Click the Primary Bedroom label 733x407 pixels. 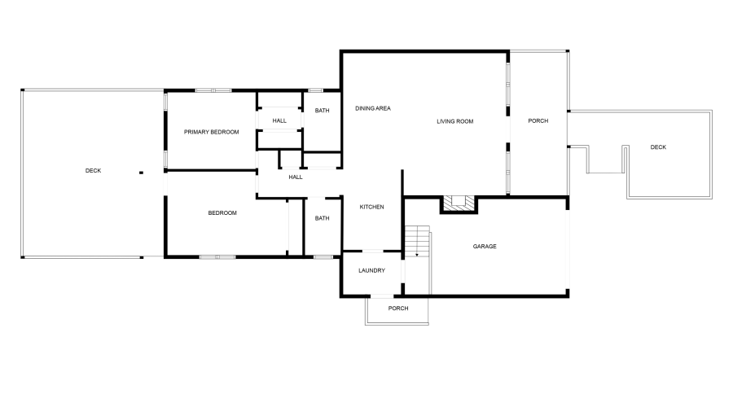point(211,132)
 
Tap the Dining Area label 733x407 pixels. point(373,108)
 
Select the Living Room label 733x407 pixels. point(454,121)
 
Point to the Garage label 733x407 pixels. point(485,246)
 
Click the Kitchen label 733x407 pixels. point(372,207)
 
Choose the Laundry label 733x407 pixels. point(371,271)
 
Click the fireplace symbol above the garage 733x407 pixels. point(458,203)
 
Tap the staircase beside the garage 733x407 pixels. point(417,242)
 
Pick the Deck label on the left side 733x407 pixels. point(94,170)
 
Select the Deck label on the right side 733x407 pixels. point(658,147)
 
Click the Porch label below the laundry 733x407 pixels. point(397,309)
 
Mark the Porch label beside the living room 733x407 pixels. point(538,121)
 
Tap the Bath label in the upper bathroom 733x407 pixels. point(323,111)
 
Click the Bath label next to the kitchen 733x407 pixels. point(323,218)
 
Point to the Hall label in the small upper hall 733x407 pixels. point(279,120)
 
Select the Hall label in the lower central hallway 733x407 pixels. point(295,177)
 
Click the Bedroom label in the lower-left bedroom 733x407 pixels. point(222,213)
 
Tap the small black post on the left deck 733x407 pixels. point(141,173)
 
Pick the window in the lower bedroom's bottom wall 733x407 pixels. point(217,257)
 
